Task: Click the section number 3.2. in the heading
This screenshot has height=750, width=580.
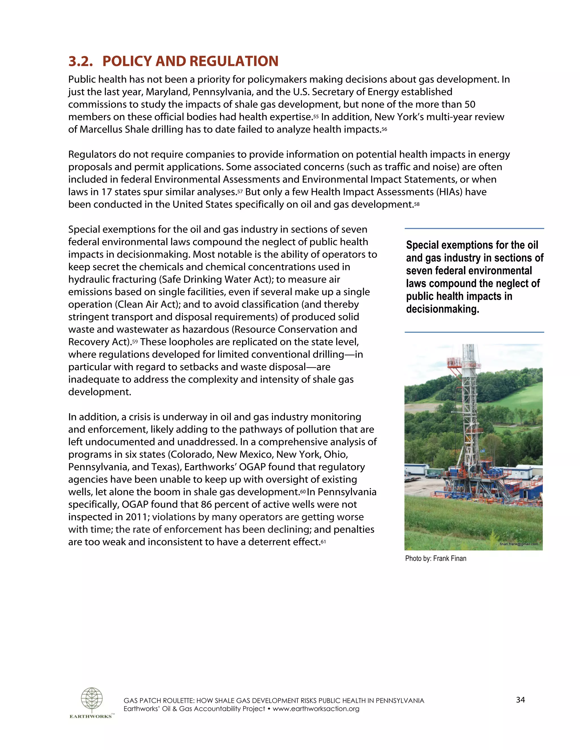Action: coord(80,61)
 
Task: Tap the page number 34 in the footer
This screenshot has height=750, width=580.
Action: coord(520,700)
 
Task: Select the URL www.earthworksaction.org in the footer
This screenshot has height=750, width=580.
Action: coord(316,708)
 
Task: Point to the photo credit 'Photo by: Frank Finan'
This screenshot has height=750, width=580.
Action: coord(435,558)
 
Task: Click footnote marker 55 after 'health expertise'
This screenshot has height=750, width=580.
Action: coord(316,117)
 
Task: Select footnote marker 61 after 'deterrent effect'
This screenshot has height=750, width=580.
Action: coord(323,542)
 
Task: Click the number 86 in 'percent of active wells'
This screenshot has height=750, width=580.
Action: coord(206,504)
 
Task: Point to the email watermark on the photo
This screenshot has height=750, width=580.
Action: coord(519,544)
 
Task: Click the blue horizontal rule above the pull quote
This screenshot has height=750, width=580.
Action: coord(474,228)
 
